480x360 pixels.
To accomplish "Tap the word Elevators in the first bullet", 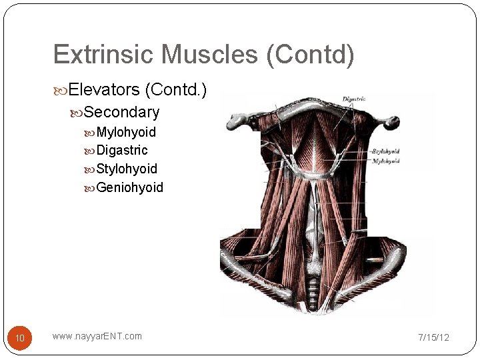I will [104, 89].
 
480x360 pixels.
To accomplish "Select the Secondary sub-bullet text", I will [122, 112].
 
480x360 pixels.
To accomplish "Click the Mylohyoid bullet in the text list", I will [126, 132].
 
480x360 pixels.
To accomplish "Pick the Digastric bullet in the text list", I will [122, 150].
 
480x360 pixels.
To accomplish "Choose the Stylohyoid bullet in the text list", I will [127, 169].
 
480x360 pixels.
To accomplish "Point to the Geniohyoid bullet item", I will [129, 187].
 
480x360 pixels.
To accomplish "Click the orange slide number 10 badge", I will [20, 338].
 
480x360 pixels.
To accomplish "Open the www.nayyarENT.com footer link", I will [97, 336].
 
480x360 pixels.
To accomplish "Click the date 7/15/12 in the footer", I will [433, 337].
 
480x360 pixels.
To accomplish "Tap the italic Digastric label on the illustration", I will [353, 99].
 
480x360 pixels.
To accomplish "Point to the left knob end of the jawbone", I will [237, 121].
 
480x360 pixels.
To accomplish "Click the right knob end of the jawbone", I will [393, 122].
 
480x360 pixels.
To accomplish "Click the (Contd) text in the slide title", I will [310, 55].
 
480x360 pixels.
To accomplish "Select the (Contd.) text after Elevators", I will [175, 89].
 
